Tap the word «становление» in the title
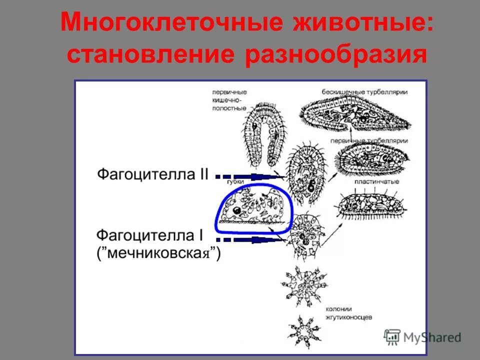point(150,54)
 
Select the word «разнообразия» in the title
point(336,54)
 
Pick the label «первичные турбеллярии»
point(374,141)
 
